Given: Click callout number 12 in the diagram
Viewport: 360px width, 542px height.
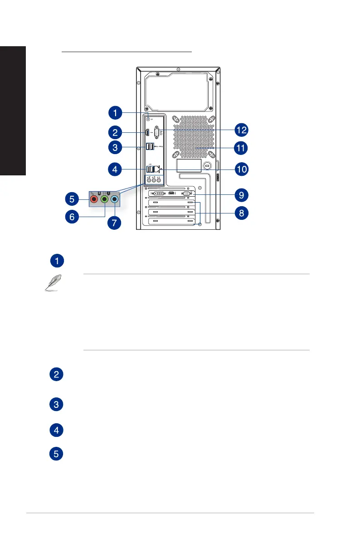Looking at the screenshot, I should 241,130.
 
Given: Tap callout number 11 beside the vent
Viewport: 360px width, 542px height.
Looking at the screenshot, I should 241,148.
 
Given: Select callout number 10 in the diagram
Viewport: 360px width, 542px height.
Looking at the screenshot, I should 241,169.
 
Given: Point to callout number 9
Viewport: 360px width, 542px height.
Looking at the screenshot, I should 241,195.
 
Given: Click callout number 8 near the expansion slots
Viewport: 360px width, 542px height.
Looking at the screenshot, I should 241,213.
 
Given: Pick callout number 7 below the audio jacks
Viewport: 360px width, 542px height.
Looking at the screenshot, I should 115,223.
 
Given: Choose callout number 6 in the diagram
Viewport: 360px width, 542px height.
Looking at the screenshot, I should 71,217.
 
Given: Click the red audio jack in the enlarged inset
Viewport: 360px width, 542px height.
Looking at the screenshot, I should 94,198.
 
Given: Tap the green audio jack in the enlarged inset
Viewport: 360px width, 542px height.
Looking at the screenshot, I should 104,198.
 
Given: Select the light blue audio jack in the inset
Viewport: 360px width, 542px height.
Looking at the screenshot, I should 115,198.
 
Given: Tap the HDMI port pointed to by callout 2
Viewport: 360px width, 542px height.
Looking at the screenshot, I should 148,133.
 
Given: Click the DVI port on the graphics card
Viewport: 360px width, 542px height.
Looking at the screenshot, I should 156,194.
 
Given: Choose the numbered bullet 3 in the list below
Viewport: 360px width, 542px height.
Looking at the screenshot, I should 56,405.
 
